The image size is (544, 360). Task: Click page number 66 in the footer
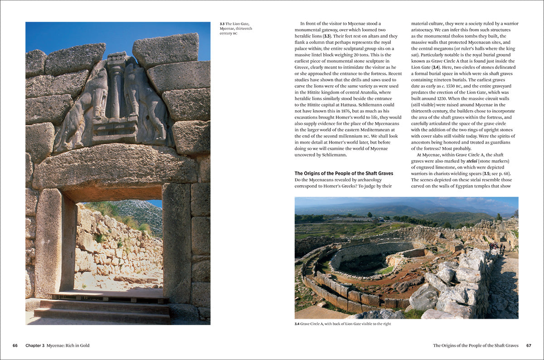(15, 345)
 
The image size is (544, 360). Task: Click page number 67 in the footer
(529, 345)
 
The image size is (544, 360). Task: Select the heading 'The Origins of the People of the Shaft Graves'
(344, 173)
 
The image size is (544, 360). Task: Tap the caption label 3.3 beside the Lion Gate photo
(222, 24)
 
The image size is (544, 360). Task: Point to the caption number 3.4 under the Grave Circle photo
(298, 324)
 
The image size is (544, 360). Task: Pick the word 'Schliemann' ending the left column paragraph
(331, 155)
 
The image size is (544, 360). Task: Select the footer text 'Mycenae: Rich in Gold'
(68, 345)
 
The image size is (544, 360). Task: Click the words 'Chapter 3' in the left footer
(35, 345)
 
